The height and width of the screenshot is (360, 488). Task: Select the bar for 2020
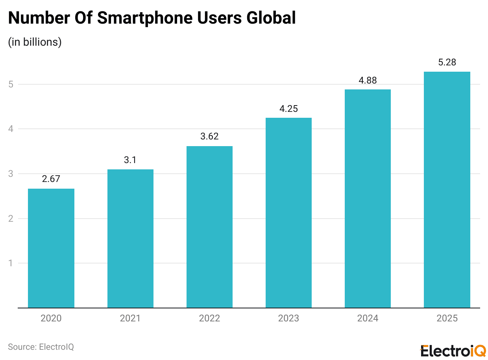tap(51, 248)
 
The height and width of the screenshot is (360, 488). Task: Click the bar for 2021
tap(130, 239)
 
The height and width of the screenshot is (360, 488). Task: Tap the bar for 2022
tap(209, 227)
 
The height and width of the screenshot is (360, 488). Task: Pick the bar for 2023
tap(288, 213)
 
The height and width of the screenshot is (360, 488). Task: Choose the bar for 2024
tap(368, 199)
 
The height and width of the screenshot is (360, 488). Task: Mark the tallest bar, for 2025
tap(447, 190)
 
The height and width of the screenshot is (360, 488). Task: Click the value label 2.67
tap(51, 179)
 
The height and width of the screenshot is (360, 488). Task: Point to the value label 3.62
tap(209, 136)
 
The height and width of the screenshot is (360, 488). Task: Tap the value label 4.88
tap(368, 80)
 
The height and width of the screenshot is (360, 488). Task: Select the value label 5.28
tap(447, 62)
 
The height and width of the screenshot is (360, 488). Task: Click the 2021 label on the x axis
tap(130, 318)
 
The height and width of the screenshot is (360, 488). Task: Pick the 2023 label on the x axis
tap(288, 318)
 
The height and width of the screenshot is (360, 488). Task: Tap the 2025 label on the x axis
tap(447, 318)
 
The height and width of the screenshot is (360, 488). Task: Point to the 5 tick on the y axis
tap(11, 84)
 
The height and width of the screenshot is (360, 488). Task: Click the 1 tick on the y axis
tap(11, 263)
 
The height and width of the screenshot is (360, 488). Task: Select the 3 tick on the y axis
tap(11, 174)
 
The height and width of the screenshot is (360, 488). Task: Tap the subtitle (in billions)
tap(35, 42)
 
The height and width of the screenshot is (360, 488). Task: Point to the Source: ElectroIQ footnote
tap(41, 347)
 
